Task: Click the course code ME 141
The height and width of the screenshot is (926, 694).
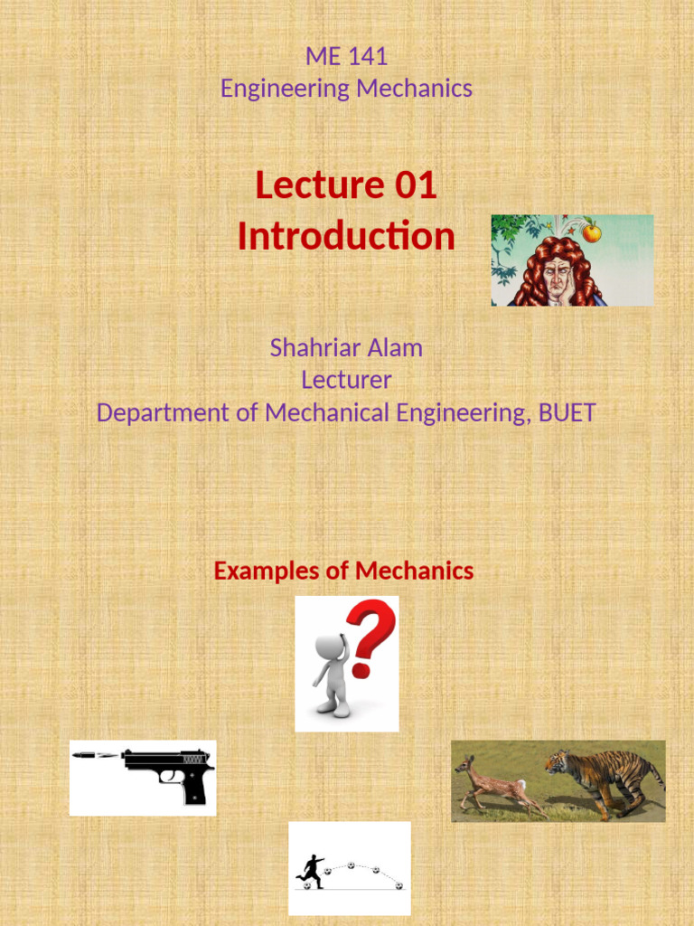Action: coord(346,56)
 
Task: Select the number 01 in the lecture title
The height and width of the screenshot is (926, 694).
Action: coord(416,185)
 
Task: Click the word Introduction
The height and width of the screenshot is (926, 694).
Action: coord(346,236)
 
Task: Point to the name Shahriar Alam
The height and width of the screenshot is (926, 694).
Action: coord(346,347)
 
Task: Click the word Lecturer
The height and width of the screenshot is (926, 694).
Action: coord(346,380)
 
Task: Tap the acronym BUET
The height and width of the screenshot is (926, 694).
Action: coord(567,412)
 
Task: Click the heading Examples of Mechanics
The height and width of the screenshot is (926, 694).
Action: coord(343,571)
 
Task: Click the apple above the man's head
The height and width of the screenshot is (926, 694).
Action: coord(592,232)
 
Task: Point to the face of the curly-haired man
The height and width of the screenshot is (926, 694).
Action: coord(557,278)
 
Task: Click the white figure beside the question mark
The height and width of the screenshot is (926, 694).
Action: coord(332,674)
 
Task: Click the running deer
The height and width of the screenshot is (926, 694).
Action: coord(492,784)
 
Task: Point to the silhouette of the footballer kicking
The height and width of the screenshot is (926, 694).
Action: coord(311,871)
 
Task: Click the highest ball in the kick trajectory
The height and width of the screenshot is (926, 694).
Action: coord(350,865)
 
